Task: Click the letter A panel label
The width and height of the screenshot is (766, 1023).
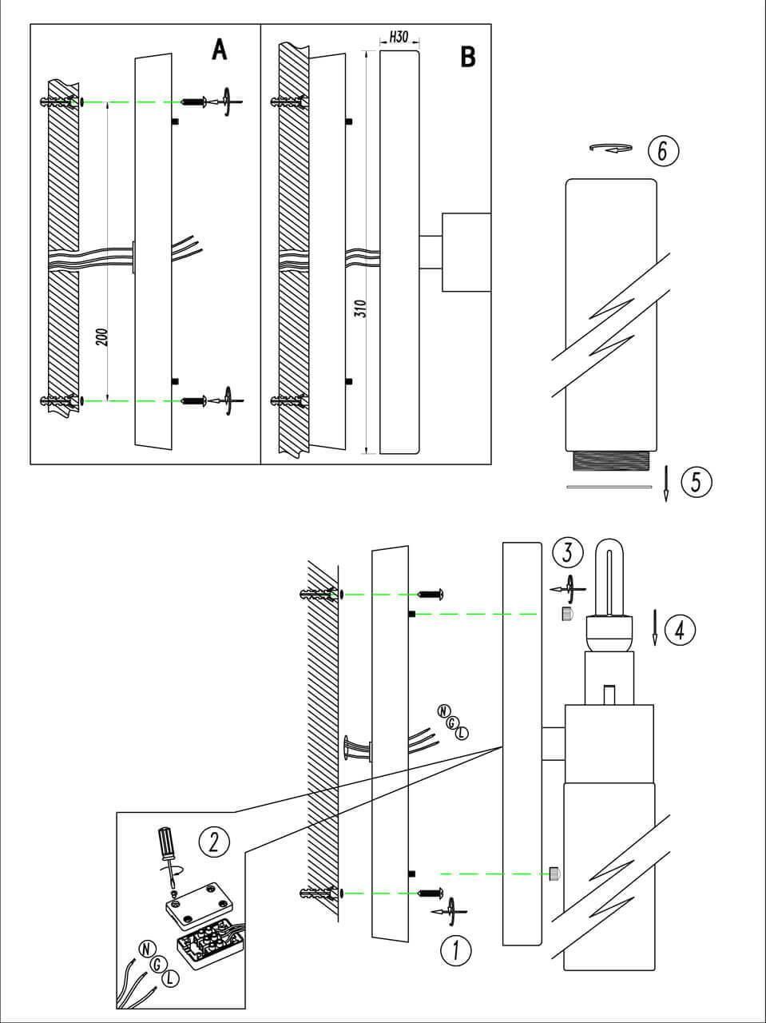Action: click(x=219, y=50)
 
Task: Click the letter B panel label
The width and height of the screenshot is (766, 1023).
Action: click(x=468, y=57)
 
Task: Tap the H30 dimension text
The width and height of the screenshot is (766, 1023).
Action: click(x=399, y=38)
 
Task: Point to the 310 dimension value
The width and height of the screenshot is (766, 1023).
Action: click(x=359, y=309)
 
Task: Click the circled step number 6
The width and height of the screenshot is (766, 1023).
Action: click(x=663, y=149)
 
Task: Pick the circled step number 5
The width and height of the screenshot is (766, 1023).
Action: click(x=696, y=482)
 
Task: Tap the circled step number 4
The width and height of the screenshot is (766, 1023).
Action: click(x=679, y=630)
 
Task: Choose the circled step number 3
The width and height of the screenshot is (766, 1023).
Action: click(x=568, y=552)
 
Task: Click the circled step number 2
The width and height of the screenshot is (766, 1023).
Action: click(x=214, y=841)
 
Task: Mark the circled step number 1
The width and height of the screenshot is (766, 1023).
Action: click(x=455, y=950)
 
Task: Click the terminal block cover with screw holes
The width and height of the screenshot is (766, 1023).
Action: click(x=200, y=901)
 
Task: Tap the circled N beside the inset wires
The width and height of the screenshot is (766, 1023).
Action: click(x=145, y=949)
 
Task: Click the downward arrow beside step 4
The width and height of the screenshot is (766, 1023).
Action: click(x=655, y=627)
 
